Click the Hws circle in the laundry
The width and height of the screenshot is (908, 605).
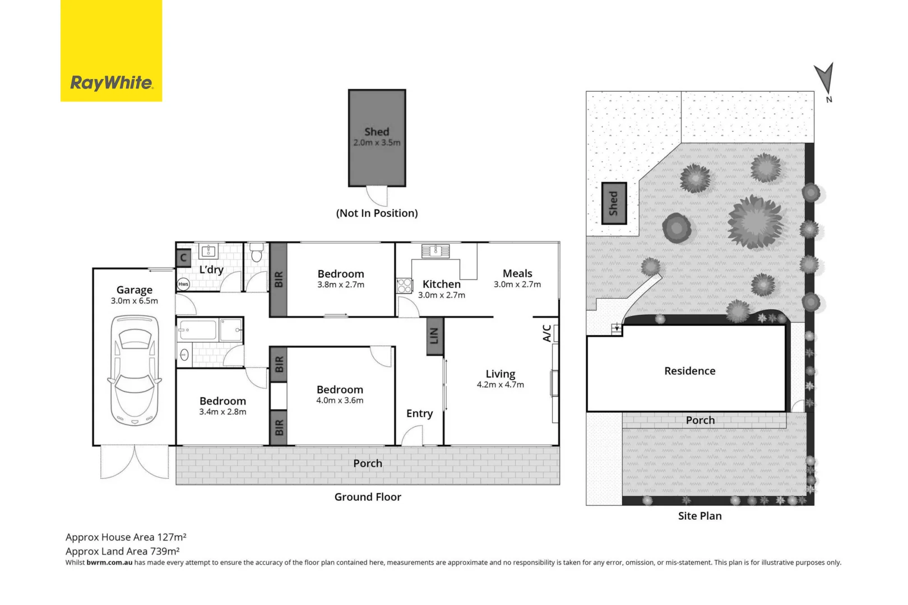point(183,284)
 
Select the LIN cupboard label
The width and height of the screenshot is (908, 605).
point(434,336)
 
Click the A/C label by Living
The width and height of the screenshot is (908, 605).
point(547,333)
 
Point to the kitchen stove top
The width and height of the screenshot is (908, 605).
point(404,286)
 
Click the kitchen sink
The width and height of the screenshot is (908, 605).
point(436,251)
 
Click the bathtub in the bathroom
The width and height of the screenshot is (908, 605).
point(197,330)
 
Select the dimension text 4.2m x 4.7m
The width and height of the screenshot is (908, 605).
point(500,385)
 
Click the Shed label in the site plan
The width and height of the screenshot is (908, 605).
point(614,203)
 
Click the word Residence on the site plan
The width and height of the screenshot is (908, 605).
point(689,371)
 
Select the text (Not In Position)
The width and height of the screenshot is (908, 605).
point(377,213)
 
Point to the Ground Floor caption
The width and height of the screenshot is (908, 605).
point(368,497)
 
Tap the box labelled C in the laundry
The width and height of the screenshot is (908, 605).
point(183,258)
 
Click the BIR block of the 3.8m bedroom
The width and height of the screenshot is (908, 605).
point(279,280)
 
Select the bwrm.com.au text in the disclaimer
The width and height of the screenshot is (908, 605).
point(109,562)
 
